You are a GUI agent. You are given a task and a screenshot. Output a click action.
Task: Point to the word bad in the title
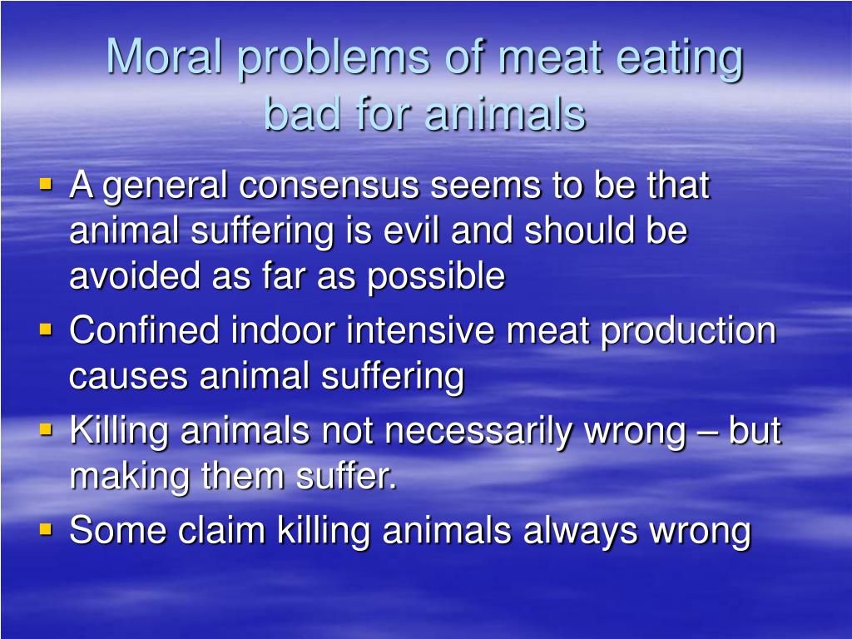(301, 113)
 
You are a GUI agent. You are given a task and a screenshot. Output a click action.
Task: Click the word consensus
(329, 186)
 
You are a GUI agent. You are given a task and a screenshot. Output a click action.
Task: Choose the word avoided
(135, 275)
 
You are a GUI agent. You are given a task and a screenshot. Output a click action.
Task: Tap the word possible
(436, 277)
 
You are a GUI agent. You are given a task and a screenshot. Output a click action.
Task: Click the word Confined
(144, 329)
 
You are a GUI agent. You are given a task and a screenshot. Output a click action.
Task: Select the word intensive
(420, 329)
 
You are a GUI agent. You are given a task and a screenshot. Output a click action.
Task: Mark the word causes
(128, 377)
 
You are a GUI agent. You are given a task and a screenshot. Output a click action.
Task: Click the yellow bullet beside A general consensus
(47, 184)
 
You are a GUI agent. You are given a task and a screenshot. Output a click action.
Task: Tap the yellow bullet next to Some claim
(47, 528)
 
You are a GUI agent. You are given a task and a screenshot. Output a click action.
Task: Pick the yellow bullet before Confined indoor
(47, 329)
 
